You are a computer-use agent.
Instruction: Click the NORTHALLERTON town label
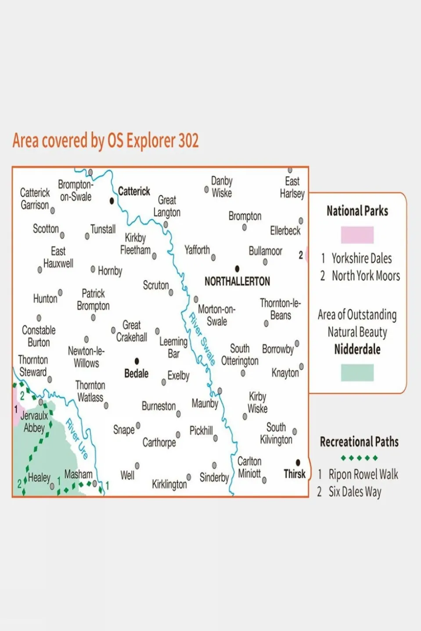tap(237, 282)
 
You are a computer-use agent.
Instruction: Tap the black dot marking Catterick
tap(112, 201)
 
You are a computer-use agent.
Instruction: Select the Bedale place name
tap(136, 374)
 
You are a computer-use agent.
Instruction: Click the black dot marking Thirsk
tap(298, 463)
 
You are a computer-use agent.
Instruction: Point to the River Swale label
tap(202, 339)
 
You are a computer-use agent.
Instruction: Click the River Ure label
tap(77, 438)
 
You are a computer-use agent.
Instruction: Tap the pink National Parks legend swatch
tap(357, 235)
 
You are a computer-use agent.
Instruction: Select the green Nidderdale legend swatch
tap(357, 373)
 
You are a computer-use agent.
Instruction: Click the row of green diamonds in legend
tap(359, 458)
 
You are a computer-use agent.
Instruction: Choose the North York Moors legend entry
tap(365, 276)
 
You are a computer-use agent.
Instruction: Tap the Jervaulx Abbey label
tap(34, 422)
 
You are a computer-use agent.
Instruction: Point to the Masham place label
tap(78, 474)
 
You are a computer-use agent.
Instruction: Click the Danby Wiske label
tap(222, 187)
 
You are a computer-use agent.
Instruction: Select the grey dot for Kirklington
tap(189, 477)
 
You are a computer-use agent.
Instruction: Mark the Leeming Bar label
tap(173, 347)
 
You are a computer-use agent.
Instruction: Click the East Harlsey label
tap(292, 187)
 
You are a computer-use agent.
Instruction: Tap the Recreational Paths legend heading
tap(359, 442)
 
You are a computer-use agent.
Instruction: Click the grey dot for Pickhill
tap(216, 438)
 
